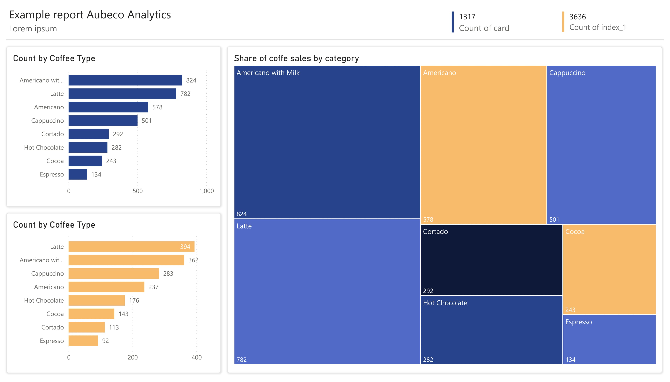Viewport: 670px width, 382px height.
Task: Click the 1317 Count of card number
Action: tap(467, 17)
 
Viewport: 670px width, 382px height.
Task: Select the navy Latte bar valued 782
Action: tap(122, 94)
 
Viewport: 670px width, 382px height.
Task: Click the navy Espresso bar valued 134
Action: tap(78, 174)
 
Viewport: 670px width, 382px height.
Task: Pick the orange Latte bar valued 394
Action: tap(131, 247)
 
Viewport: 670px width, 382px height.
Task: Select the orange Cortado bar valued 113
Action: tap(87, 327)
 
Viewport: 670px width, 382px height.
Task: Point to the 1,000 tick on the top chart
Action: tap(207, 191)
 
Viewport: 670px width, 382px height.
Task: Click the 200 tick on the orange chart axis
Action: tap(133, 357)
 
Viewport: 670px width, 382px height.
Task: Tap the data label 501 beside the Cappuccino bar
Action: tap(146, 121)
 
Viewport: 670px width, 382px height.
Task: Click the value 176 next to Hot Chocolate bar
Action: tap(134, 300)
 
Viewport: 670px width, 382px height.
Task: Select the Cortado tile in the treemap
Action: tap(491, 260)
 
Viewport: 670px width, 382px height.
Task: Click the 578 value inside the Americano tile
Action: tap(428, 220)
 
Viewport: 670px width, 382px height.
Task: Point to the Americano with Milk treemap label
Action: tap(268, 73)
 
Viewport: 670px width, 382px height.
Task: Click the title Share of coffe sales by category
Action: tap(296, 58)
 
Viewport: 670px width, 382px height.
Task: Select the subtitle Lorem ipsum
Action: tap(33, 29)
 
